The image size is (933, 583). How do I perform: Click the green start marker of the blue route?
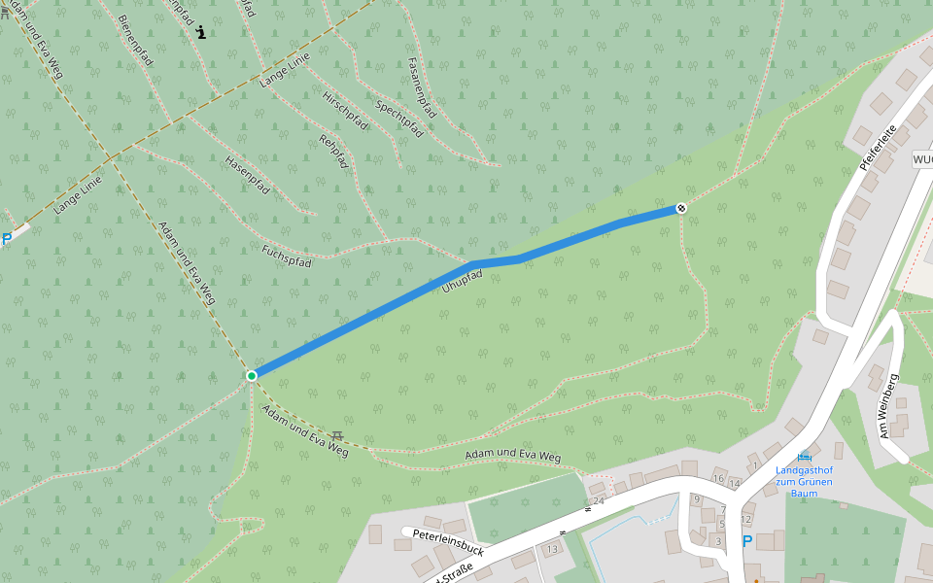[x=252, y=375]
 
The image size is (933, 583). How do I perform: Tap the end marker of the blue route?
[x=682, y=208]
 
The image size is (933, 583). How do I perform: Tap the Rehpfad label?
[x=333, y=152]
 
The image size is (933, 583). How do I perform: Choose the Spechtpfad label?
[x=398, y=118]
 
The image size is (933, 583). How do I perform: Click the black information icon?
[x=201, y=31]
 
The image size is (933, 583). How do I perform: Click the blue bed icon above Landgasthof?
[x=804, y=457]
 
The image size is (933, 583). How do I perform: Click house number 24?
[x=598, y=500]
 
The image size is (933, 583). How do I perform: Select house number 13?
[x=552, y=550]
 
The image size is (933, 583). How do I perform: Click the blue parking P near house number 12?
[x=746, y=542]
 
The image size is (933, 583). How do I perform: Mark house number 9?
[x=696, y=499]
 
